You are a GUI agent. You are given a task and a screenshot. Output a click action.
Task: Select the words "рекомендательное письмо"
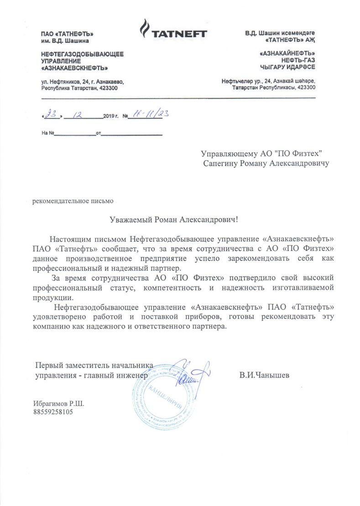72,200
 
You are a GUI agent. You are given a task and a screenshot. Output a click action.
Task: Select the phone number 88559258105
53,412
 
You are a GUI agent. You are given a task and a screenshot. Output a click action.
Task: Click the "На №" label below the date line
48,134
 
